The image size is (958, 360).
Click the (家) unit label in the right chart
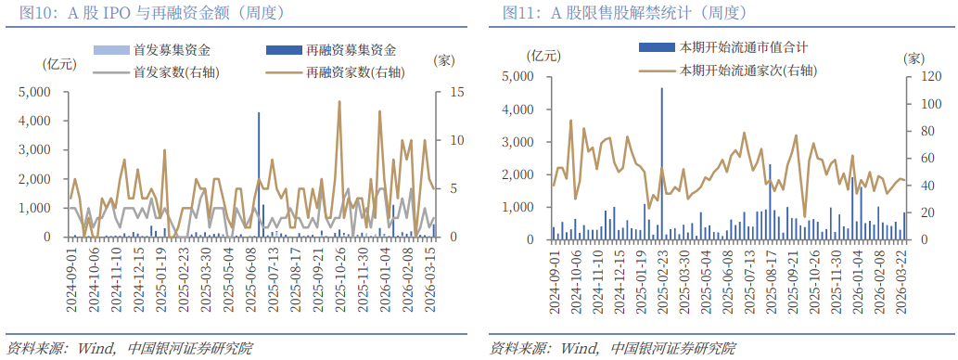(x=915, y=58)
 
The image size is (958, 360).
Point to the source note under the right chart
(x=612, y=349)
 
